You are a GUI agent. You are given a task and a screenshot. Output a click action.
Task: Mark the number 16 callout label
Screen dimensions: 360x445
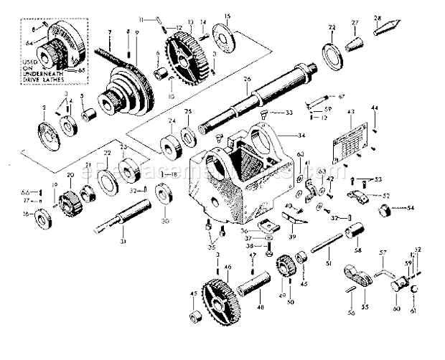point(25,214)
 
